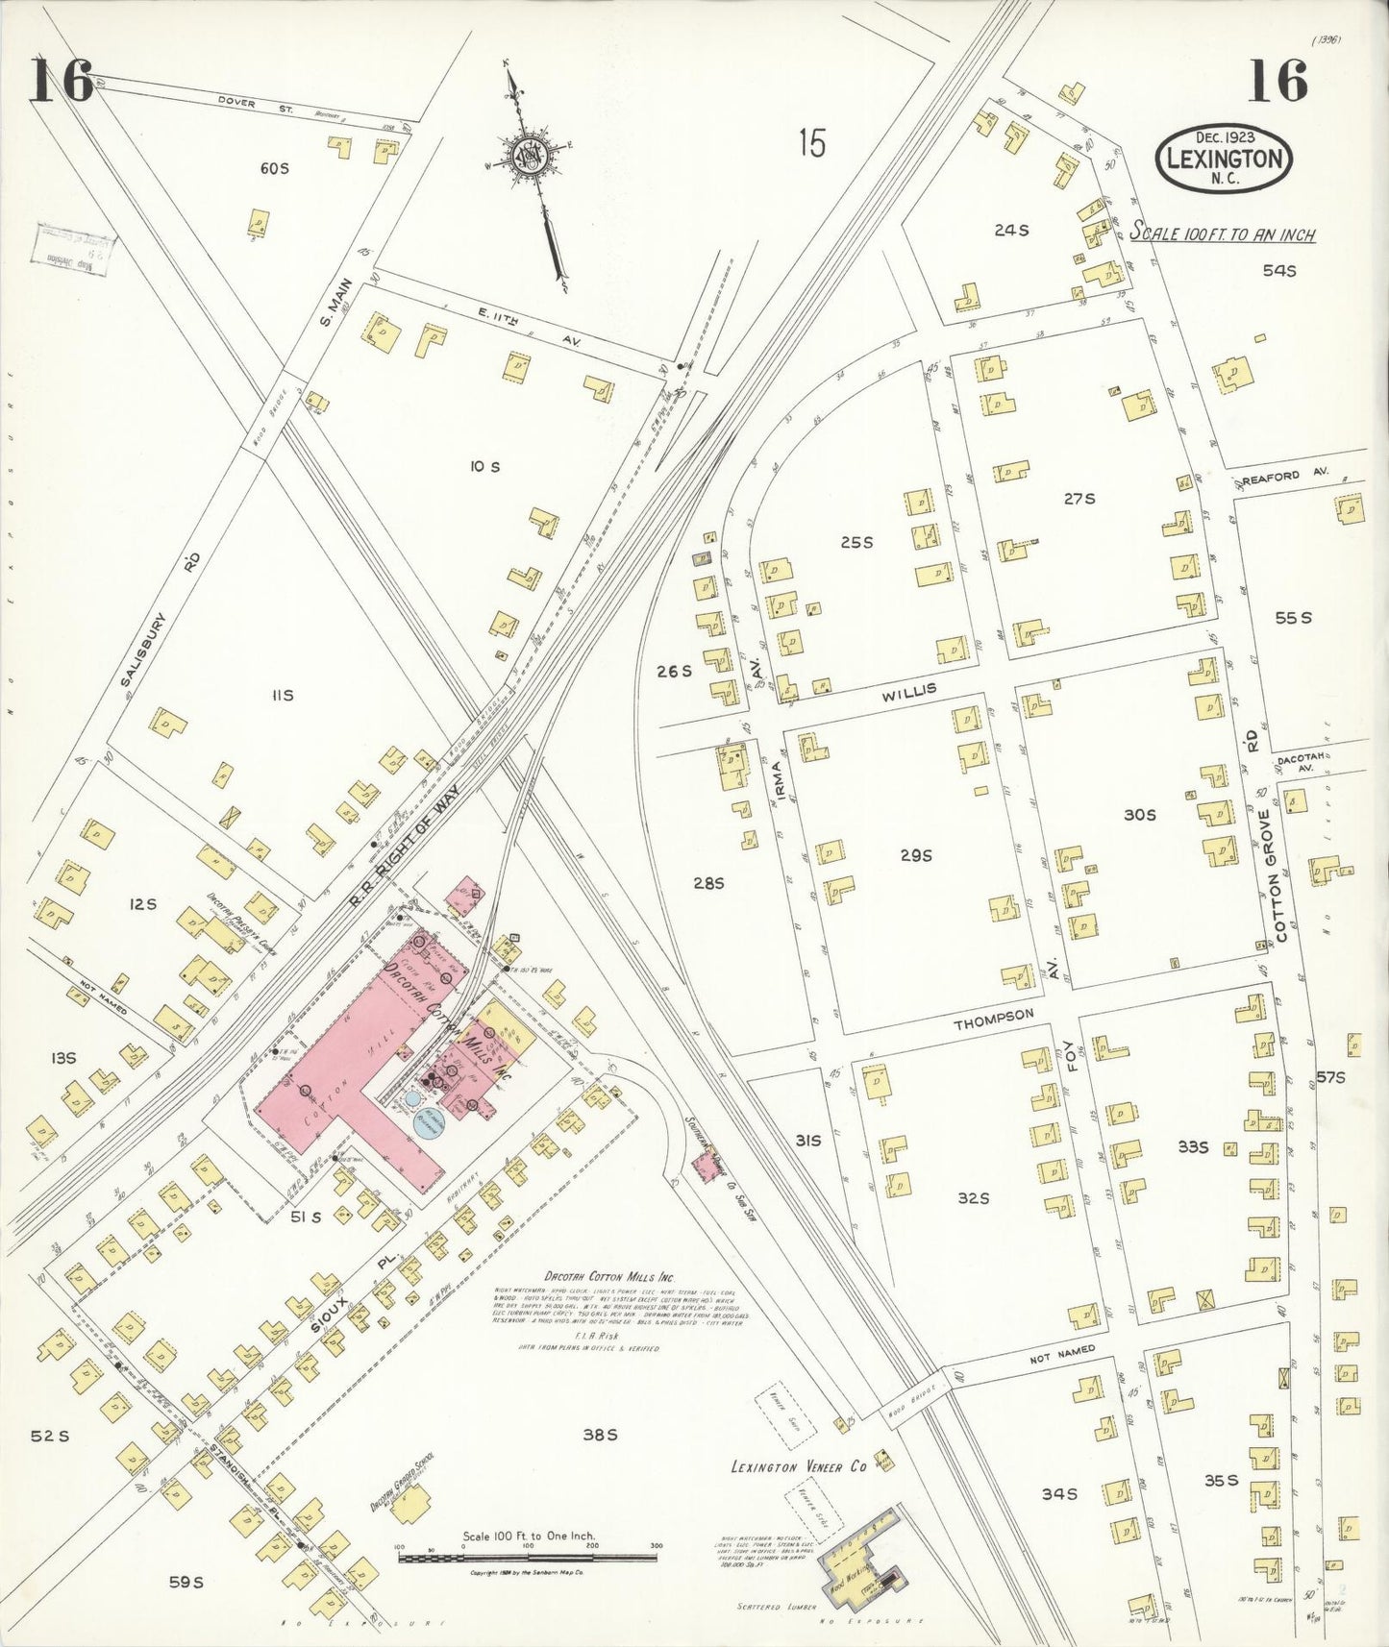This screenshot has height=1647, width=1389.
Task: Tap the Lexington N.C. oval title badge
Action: pos(1224,159)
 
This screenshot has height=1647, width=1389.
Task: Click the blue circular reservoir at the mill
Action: pos(430,1122)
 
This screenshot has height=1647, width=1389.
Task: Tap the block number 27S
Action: pos(1079,498)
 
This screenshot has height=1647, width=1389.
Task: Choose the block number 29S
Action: pos(915,855)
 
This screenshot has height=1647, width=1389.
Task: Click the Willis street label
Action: pos(908,690)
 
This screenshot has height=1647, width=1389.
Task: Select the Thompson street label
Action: pos(993,1020)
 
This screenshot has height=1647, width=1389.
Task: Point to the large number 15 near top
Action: pos(811,144)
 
